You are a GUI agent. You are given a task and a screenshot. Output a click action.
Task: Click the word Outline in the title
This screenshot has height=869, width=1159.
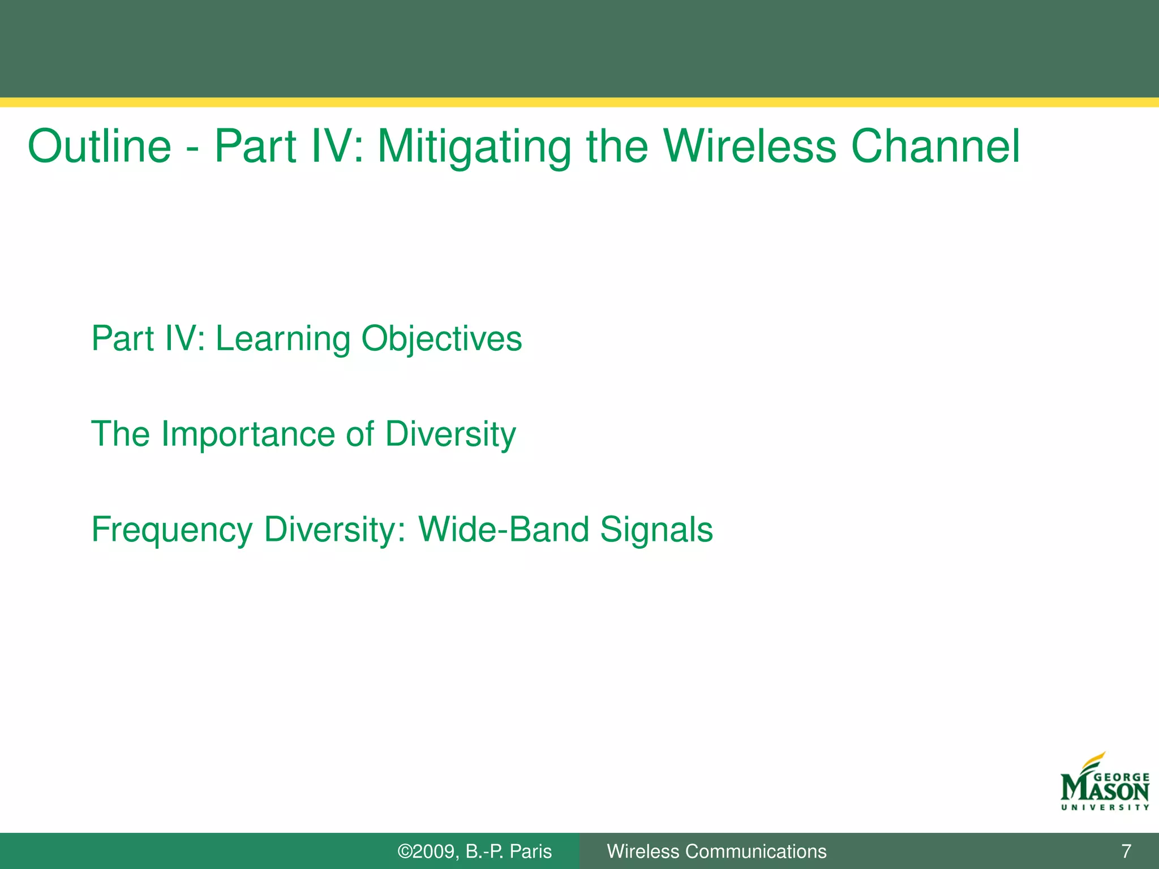pos(100,147)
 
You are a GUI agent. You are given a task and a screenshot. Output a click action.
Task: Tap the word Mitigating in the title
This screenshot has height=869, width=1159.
pos(474,147)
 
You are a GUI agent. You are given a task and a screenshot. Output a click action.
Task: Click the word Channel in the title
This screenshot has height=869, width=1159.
pos(935,147)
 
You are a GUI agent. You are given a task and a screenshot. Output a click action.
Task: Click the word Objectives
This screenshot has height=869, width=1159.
pos(441,339)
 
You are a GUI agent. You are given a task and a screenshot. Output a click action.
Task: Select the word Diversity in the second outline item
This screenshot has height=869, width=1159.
pos(450,434)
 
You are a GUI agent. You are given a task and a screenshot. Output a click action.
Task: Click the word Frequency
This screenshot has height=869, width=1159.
pos(172,530)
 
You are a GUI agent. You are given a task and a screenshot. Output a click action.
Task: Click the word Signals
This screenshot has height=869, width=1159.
pos(656,530)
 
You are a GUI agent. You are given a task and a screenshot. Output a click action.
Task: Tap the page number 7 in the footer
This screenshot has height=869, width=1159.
pos(1126,851)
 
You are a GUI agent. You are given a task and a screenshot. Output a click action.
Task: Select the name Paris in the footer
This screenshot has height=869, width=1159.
pos(530,851)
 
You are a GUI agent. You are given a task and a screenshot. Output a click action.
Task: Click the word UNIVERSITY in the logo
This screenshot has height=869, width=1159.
pos(1105,807)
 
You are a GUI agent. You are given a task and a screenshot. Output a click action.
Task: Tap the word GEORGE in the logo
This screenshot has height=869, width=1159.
pos(1122,778)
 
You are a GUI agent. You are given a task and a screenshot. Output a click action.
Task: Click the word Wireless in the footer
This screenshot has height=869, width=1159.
pos(643,851)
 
